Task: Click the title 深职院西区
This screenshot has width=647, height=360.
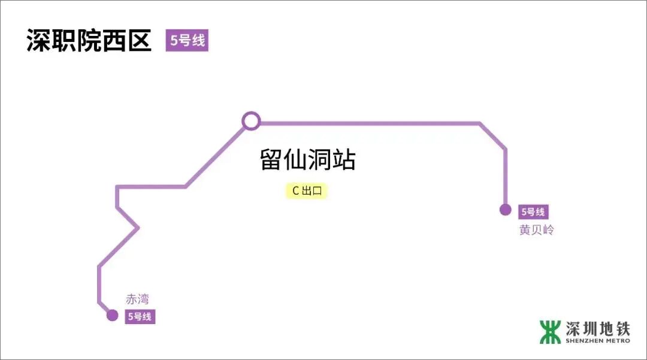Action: [x=89, y=40]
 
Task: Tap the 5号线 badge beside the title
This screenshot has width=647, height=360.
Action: [x=187, y=41]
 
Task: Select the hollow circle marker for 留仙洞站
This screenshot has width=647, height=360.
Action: [x=251, y=121]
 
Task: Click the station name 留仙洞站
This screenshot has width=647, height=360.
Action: [x=308, y=161]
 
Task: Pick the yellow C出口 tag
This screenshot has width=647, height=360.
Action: [x=307, y=191]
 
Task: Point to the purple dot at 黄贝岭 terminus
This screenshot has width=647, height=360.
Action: [x=506, y=210]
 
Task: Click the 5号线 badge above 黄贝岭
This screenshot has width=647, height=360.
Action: [x=533, y=211]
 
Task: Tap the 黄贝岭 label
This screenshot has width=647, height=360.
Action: [x=536, y=230]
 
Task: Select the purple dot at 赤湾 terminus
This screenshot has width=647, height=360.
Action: [x=112, y=315]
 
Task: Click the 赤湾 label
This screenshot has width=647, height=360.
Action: [x=137, y=299]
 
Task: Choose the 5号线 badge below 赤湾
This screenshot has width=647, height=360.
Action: [x=140, y=317]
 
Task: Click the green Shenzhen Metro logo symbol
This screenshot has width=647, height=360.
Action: [x=550, y=332]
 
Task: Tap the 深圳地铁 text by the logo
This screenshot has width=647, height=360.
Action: [x=598, y=328]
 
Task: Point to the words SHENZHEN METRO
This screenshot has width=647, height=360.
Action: [x=598, y=341]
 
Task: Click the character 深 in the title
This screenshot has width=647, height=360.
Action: [x=38, y=40]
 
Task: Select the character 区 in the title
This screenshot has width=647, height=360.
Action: [x=139, y=40]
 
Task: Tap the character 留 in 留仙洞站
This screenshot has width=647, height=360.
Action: [x=272, y=161]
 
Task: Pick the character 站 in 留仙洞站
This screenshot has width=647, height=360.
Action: [x=344, y=161]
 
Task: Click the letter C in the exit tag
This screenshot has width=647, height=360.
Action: [x=295, y=191]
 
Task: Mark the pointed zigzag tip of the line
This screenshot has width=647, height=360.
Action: [x=138, y=228]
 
